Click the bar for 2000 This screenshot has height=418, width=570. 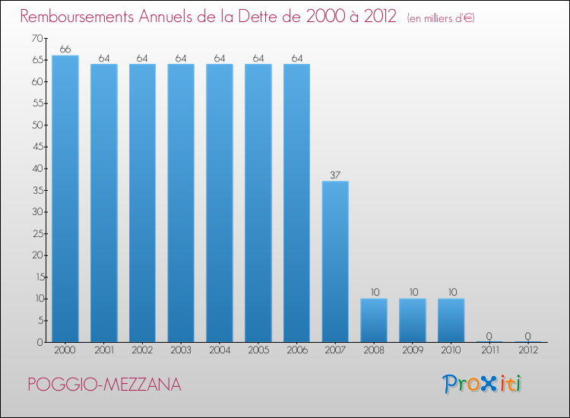(x=65, y=198)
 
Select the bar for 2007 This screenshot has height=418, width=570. (x=335, y=261)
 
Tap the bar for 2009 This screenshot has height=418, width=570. (x=413, y=320)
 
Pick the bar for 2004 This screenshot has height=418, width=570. (x=220, y=203)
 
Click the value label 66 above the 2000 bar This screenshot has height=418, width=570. (x=65, y=49)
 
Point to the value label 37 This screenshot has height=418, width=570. (x=335, y=175)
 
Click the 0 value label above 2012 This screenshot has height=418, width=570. (x=528, y=336)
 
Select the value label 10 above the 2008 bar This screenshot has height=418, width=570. (x=374, y=293)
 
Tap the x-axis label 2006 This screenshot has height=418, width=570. (x=296, y=350)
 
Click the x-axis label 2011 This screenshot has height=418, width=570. (x=489, y=350)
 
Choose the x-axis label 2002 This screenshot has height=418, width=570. (x=142, y=350)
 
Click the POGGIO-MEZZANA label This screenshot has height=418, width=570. (x=104, y=385)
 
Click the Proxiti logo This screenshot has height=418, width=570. (x=482, y=384)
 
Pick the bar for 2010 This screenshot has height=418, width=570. (x=451, y=320)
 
